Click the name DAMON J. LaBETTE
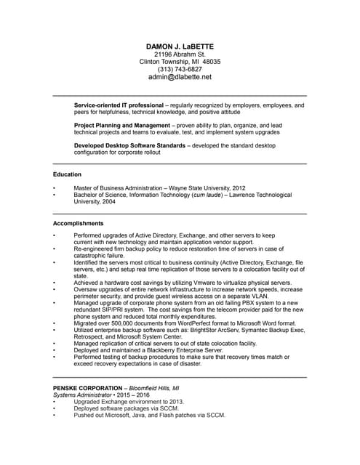180,46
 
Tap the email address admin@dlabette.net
180,76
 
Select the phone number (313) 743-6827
180,69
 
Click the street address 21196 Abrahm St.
180,54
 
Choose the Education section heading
67,174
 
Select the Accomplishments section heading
78,223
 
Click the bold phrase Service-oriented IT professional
119,105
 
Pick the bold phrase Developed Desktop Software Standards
129,146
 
